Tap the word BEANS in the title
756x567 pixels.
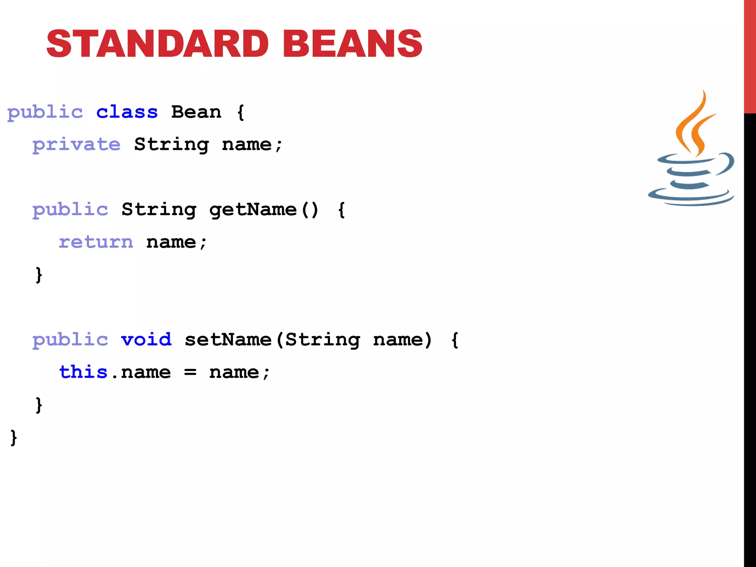click(353, 44)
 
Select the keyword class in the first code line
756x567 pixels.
click(127, 112)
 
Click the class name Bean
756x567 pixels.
click(196, 112)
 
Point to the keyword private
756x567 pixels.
click(76, 145)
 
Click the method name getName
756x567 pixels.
click(253, 210)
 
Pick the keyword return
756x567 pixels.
click(96, 242)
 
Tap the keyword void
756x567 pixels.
click(146, 340)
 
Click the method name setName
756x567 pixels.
click(228, 340)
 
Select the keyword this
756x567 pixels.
click(83, 372)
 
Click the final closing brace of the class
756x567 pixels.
click(14, 438)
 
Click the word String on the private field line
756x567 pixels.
click(171, 145)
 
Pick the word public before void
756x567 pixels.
click(70, 340)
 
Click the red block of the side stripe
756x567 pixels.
click(750, 55)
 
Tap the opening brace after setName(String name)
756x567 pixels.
click(455, 340)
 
